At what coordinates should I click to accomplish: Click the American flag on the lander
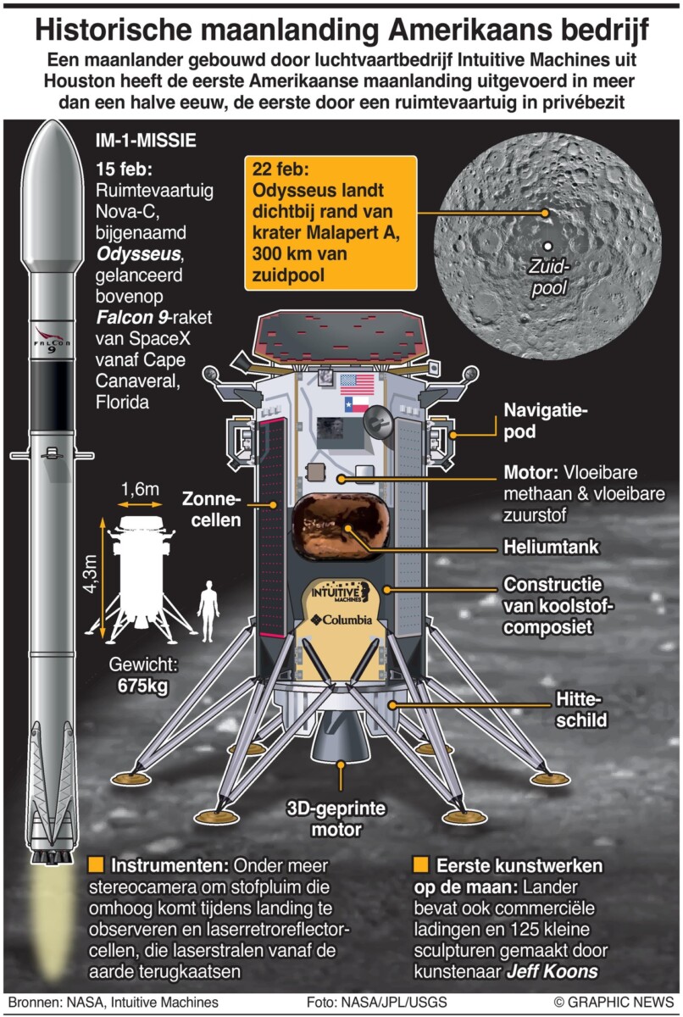point(357,385)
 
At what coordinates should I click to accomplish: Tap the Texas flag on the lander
point(356,404)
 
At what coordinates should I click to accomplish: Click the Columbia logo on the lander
point(341,620)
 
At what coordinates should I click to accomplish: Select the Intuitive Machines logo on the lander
point(341,592)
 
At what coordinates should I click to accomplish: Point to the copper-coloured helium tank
point(340,525)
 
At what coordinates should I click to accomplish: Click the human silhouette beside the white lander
point(208,612)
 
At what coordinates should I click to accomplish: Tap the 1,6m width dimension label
point(140,489)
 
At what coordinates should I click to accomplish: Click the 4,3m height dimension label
point(91,574)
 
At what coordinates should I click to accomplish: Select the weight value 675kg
point(142,686)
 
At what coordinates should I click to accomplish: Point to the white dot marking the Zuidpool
point(548,246)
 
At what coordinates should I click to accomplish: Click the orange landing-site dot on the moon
point(545,213)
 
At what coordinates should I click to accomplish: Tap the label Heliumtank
point(552,547)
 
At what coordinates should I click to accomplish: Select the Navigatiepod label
point(546,420)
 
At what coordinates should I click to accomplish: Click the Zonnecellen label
point(212,509)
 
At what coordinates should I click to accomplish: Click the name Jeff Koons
point(553,972)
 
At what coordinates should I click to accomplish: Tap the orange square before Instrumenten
point(96,865)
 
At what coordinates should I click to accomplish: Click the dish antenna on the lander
point(377,423)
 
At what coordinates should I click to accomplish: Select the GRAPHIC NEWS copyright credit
point(614,1002)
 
